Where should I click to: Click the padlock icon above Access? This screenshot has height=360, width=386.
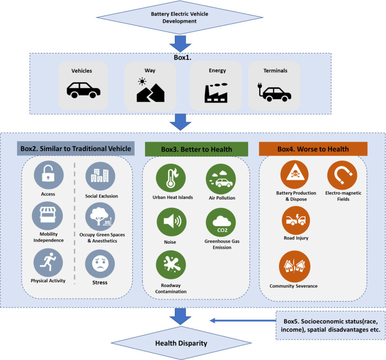click(49, 175)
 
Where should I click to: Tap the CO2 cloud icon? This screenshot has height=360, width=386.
click(221, 222)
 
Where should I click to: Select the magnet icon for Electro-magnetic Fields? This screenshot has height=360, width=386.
click(342, 175)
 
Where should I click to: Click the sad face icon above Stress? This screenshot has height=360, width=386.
click(100, 264)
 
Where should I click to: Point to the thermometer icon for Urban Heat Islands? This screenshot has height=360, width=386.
click(171, 178)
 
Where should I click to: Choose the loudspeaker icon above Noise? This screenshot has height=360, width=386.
click(171, 222)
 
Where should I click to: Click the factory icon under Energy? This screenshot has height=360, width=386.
click(216, 93)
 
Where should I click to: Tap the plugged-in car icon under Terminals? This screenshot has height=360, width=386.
click(274, 92)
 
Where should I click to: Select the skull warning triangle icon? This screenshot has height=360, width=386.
click(294, 174)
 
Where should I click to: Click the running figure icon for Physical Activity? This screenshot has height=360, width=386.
click(49, 262)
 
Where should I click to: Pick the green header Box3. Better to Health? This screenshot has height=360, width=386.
click(196, 149)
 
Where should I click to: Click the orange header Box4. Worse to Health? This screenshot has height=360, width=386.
click(313, 149)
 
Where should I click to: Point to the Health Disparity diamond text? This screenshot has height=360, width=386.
click(181, 343)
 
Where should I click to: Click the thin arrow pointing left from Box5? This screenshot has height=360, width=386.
click(243, 320)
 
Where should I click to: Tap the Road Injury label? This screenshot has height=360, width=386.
click(296, 238)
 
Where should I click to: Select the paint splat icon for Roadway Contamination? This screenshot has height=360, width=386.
click(171, 265)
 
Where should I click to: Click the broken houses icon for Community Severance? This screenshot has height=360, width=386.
click(294, 266)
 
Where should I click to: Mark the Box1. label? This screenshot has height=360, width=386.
click(183, 57)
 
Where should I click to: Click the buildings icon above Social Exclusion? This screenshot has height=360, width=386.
click(100, 176)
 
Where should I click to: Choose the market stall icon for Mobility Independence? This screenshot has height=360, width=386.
click(47, 216)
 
